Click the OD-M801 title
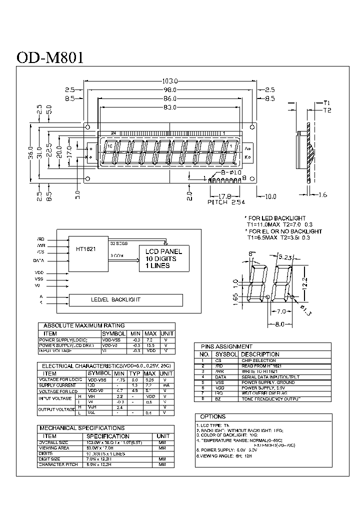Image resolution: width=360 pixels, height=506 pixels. (50, 56)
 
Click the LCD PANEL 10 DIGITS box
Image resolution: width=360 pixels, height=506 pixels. (163, 258)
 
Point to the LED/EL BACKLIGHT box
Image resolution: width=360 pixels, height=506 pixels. (126, 299)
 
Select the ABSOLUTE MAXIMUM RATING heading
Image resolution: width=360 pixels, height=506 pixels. (84, 325)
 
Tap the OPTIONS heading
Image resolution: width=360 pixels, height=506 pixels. (212, 416)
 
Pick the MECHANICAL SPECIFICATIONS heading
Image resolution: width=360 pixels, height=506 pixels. (81, 428)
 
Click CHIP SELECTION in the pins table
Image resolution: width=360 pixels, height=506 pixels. (258, 360)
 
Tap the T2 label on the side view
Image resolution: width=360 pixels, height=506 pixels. (327, 110)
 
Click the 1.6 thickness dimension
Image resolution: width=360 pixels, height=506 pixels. (322, 194)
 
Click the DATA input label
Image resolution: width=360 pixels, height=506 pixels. (38, 260)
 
